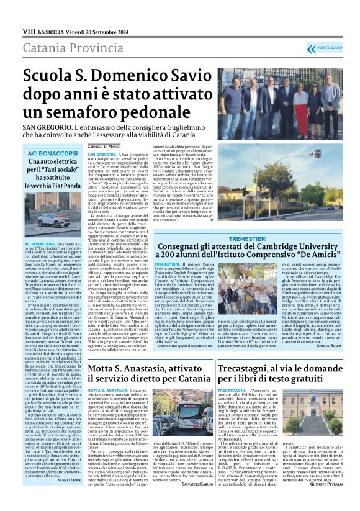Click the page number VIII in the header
click(x=28, y=30)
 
